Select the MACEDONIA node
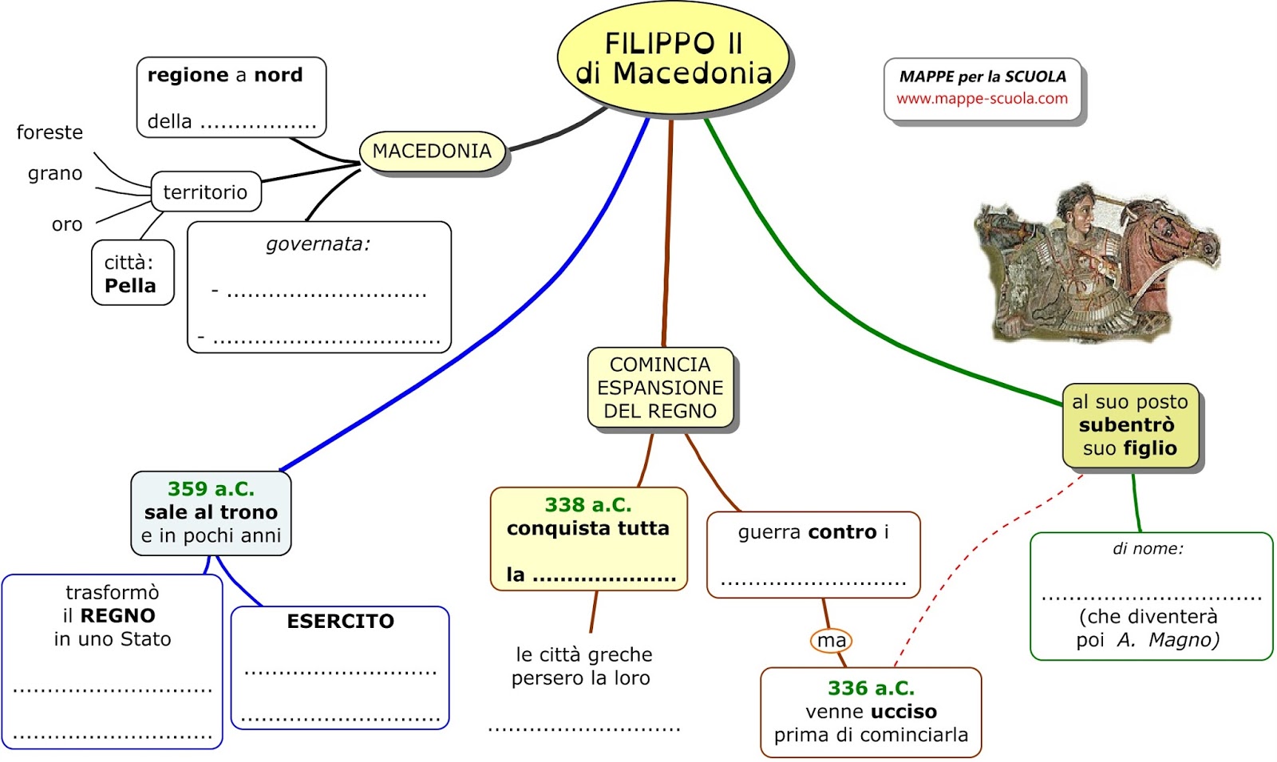click(x=432, y=151)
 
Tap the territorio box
click(x=205, y=191)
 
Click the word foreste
click(x=49, y=132)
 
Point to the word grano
click(x=55, y=173)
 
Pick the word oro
click(x=67, y=225)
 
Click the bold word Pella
click(x=130, y=286)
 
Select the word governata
click(x=318, y=244)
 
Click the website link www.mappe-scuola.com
click(x=982, y=98)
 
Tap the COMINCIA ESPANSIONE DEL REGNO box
click(x=660, y=388)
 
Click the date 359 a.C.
click(x=211, y=488)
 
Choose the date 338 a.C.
click(x=588, y=504)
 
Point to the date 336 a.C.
click(x=871, y=688)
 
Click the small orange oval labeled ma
click(x=831, y=640)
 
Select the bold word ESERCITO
click(x=340, y=621)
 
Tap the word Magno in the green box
click(x=1184, y=640)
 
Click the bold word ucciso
click(x=903, y=711)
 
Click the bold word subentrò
click(x=1126, y=424)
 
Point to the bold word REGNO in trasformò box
click(x=117, y=615)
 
